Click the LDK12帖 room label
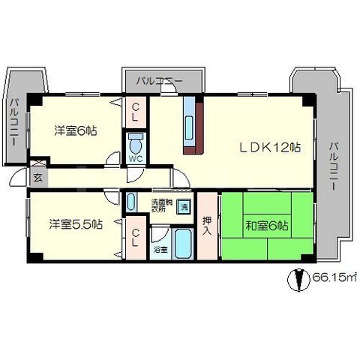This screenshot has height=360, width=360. (271, 148)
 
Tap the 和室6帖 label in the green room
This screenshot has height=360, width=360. (268, 225)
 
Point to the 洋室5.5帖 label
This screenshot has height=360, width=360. (76, 223)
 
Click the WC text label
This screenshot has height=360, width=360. (136, 159)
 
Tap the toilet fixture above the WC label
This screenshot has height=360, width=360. (136, 142)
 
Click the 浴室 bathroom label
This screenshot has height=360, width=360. (160, 247)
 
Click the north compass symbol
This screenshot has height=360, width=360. (298, 279)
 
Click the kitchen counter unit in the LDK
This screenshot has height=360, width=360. (189, 125)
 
